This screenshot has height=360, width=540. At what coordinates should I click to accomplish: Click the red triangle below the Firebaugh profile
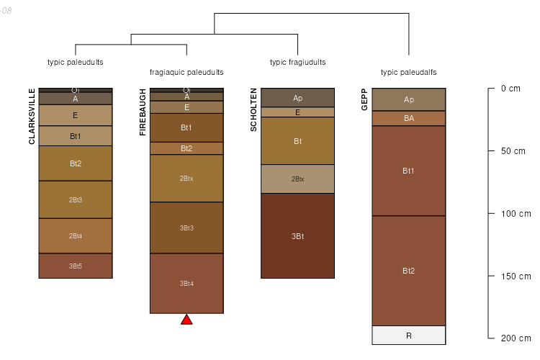click(186, 320)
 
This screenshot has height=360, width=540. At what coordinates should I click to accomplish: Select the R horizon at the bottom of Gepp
click(408, 336)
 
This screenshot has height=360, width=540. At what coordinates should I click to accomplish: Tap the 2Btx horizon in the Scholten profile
click(297, 179)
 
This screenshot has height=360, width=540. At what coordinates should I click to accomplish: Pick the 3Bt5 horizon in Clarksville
click(76, 266)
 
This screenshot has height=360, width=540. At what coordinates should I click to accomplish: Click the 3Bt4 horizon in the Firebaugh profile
click(186, 283)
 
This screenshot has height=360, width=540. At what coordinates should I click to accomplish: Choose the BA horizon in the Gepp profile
click(408, 118)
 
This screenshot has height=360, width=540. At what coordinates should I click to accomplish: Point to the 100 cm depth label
click(515, 214)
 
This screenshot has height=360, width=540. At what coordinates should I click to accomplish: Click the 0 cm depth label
click(510, 89)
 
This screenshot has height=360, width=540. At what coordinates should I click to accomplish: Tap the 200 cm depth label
click(515, 338)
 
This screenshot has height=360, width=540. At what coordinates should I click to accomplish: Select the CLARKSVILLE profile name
click(32, 116)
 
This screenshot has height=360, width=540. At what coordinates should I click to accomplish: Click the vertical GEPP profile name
click(365, 99)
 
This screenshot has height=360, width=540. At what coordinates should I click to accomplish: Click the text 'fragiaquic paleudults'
click(186, 73)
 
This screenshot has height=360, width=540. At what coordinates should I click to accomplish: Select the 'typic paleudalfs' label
click(408, 73)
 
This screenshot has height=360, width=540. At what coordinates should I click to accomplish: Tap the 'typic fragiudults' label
click(297, 63)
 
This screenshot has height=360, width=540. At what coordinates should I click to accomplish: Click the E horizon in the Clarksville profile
click(76, 115)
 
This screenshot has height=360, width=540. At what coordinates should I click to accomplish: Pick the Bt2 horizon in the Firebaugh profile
click(186, 148)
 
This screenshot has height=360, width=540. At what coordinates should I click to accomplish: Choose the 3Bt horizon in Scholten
click(297, 236)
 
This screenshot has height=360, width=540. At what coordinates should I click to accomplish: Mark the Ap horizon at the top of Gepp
click(408, 99)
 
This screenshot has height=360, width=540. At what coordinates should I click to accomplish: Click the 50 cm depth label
click(513, 151)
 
